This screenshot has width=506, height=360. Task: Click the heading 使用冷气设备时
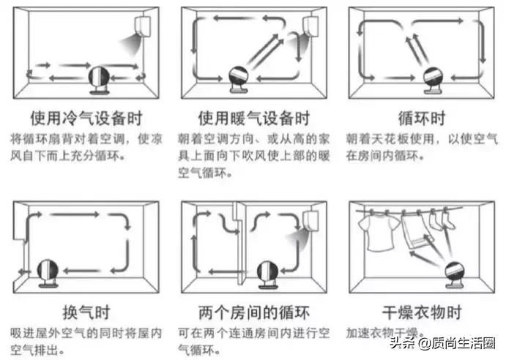click(x=86, y=118)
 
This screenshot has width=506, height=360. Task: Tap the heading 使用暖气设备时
click(x=254, y=118)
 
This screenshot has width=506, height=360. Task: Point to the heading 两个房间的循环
click(x=254, y=313)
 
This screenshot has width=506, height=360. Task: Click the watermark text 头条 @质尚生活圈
click(x=442, y=343)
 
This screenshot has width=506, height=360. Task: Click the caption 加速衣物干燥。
click(x=387, y=331)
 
